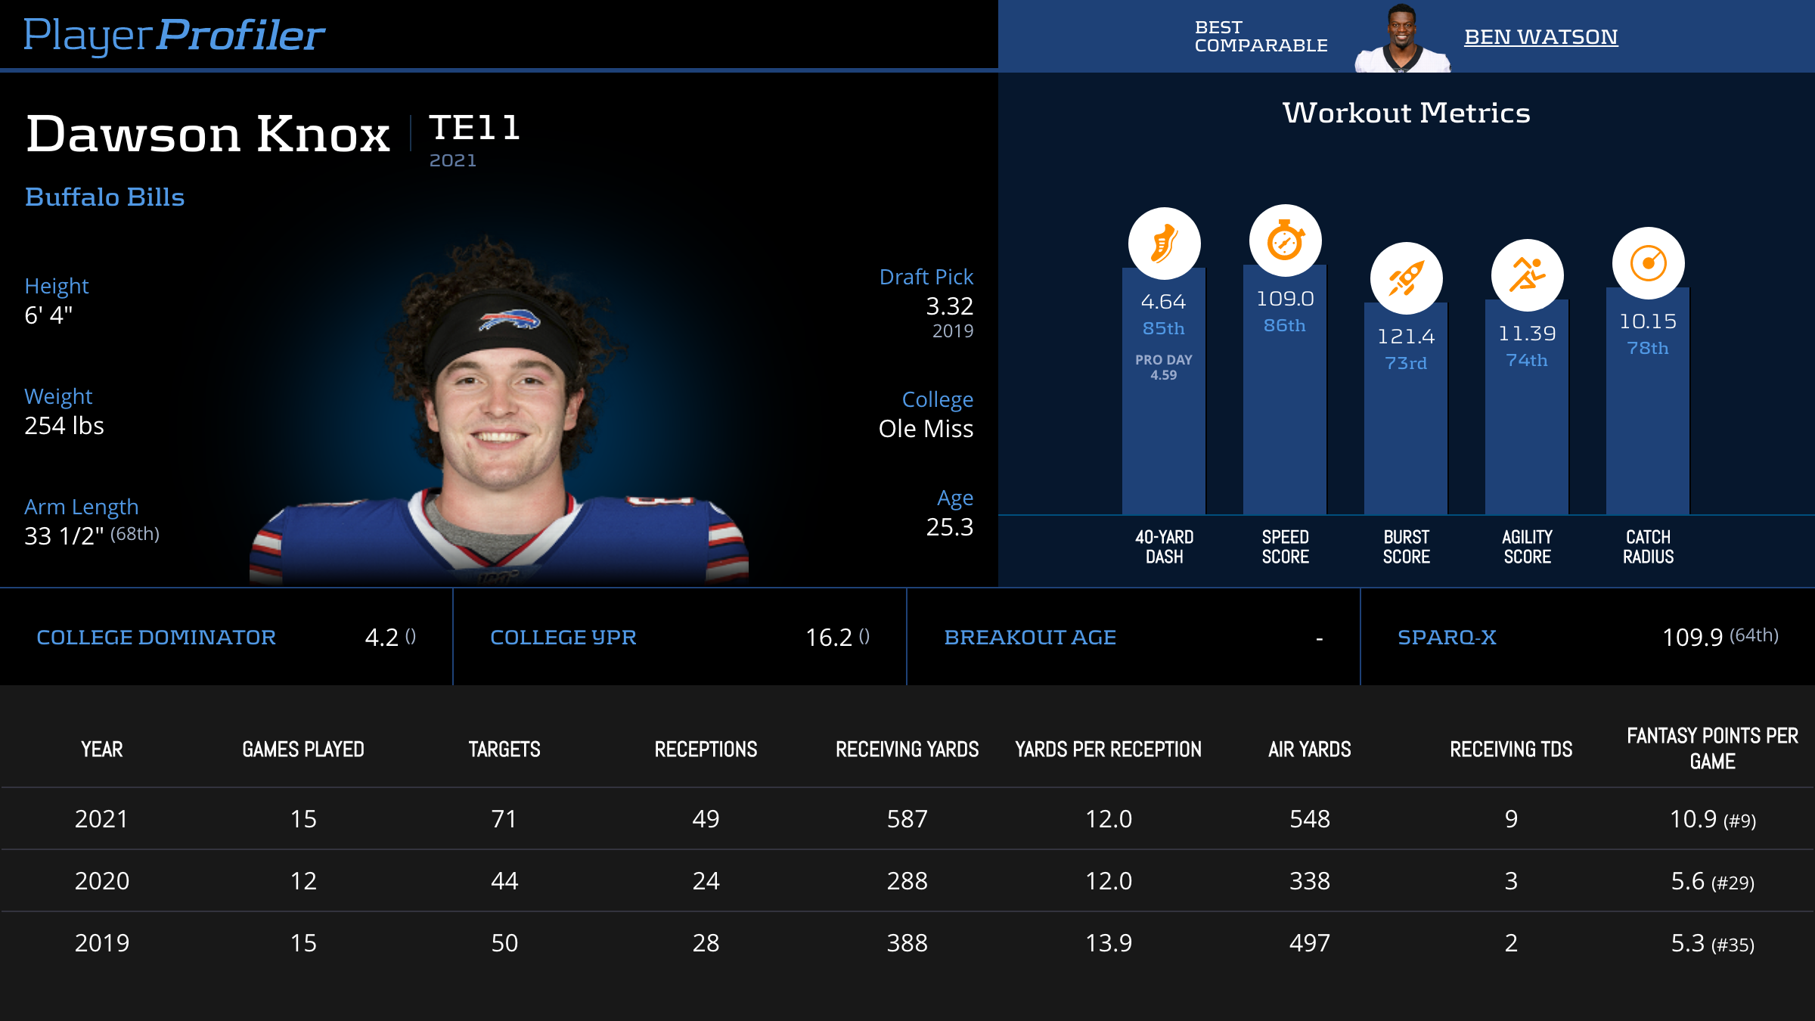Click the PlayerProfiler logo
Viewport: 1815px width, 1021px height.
[174, 35]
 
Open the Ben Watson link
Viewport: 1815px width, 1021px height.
[1540, 37]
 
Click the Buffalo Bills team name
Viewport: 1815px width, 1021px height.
[104, 197]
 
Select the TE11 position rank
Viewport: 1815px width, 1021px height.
[475, 128]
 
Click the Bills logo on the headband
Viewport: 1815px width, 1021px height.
[509, 320]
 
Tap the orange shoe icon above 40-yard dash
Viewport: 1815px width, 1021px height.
[1164, 244]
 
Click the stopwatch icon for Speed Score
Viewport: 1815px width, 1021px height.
[1285, 241]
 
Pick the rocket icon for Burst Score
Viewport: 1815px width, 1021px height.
[1406, 278]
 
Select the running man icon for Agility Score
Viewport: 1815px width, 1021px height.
[1527, 275]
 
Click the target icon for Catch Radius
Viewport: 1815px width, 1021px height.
[1648, 263]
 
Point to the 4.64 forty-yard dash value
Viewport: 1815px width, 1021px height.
[1163, 302]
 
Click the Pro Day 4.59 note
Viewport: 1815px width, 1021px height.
[1163, 368]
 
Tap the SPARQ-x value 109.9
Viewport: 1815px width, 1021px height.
[1692, 638]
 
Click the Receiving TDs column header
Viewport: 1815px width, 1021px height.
[1511, 749]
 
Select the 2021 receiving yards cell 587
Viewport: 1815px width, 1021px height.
[907, 819]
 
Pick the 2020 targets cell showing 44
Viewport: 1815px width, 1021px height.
[504, 881]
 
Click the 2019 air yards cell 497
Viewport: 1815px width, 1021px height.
[1310, 943]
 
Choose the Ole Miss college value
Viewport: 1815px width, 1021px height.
[926, 429]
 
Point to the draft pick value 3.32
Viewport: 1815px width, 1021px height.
[949, 306]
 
